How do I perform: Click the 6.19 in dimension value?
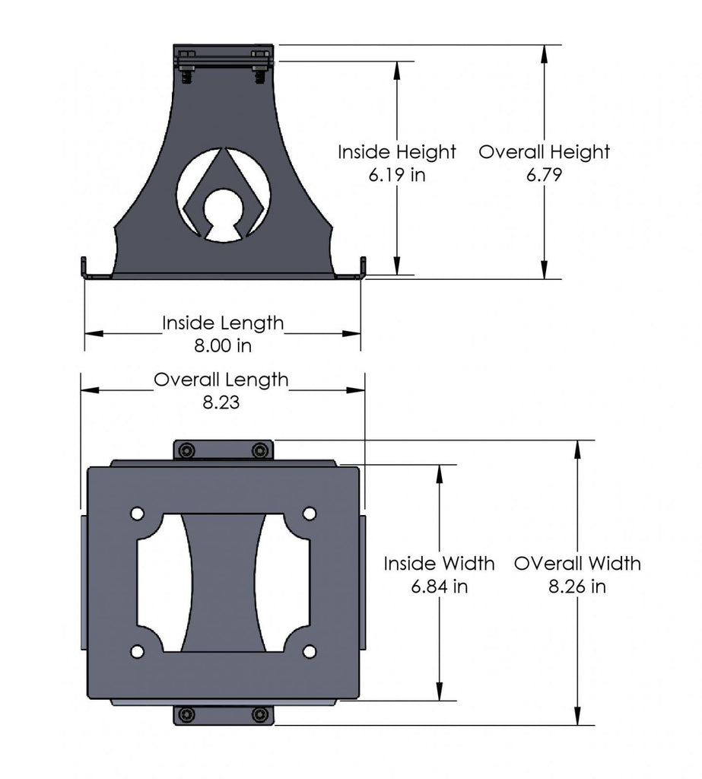click(397, 175)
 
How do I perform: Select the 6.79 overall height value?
click(544, 175)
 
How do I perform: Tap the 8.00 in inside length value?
click(222, 345)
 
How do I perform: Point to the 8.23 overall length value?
click(221, 402)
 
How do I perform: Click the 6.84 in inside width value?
click(439, 587)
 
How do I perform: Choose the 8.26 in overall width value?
click(577, 587)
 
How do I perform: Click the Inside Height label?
click(397, 152)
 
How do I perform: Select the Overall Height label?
click(544, 152)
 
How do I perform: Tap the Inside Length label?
click(222, 323)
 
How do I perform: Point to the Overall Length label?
click(221, 380)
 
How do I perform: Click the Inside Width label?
click(439, 564)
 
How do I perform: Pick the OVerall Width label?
click(577, 564)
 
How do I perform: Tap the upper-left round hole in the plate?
click(137, 514)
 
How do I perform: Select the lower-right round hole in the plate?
click(310, 651)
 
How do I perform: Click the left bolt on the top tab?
click(187, 451)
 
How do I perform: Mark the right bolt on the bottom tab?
click(260, 714)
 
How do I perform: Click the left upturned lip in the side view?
click(85, 269)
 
